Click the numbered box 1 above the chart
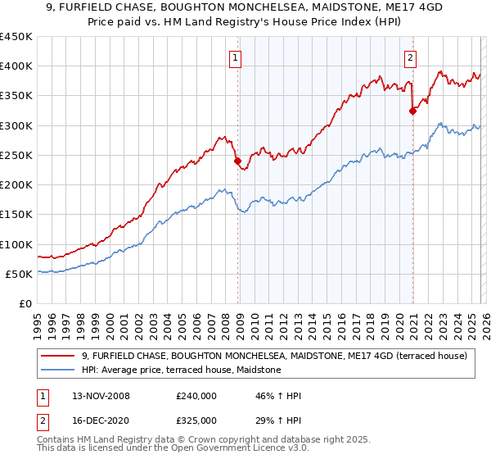(x=235, y=57)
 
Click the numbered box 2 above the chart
(x=409, y=57)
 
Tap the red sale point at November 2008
(x=238, y=161)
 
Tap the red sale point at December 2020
(x=412, y=111)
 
